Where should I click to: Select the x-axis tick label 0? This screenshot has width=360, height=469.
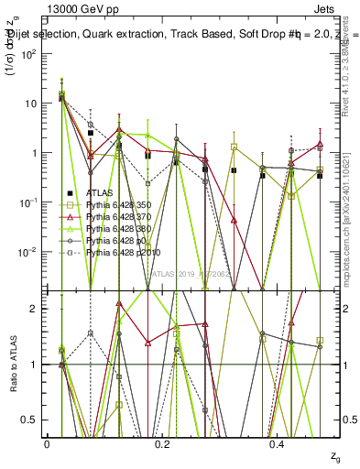[47, 443]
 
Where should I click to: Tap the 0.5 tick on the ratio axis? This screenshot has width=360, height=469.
[33, 420]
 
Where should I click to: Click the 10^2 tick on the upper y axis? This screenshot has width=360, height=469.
[30, 53]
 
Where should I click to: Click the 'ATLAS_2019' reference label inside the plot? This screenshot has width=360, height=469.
[183, 273]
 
